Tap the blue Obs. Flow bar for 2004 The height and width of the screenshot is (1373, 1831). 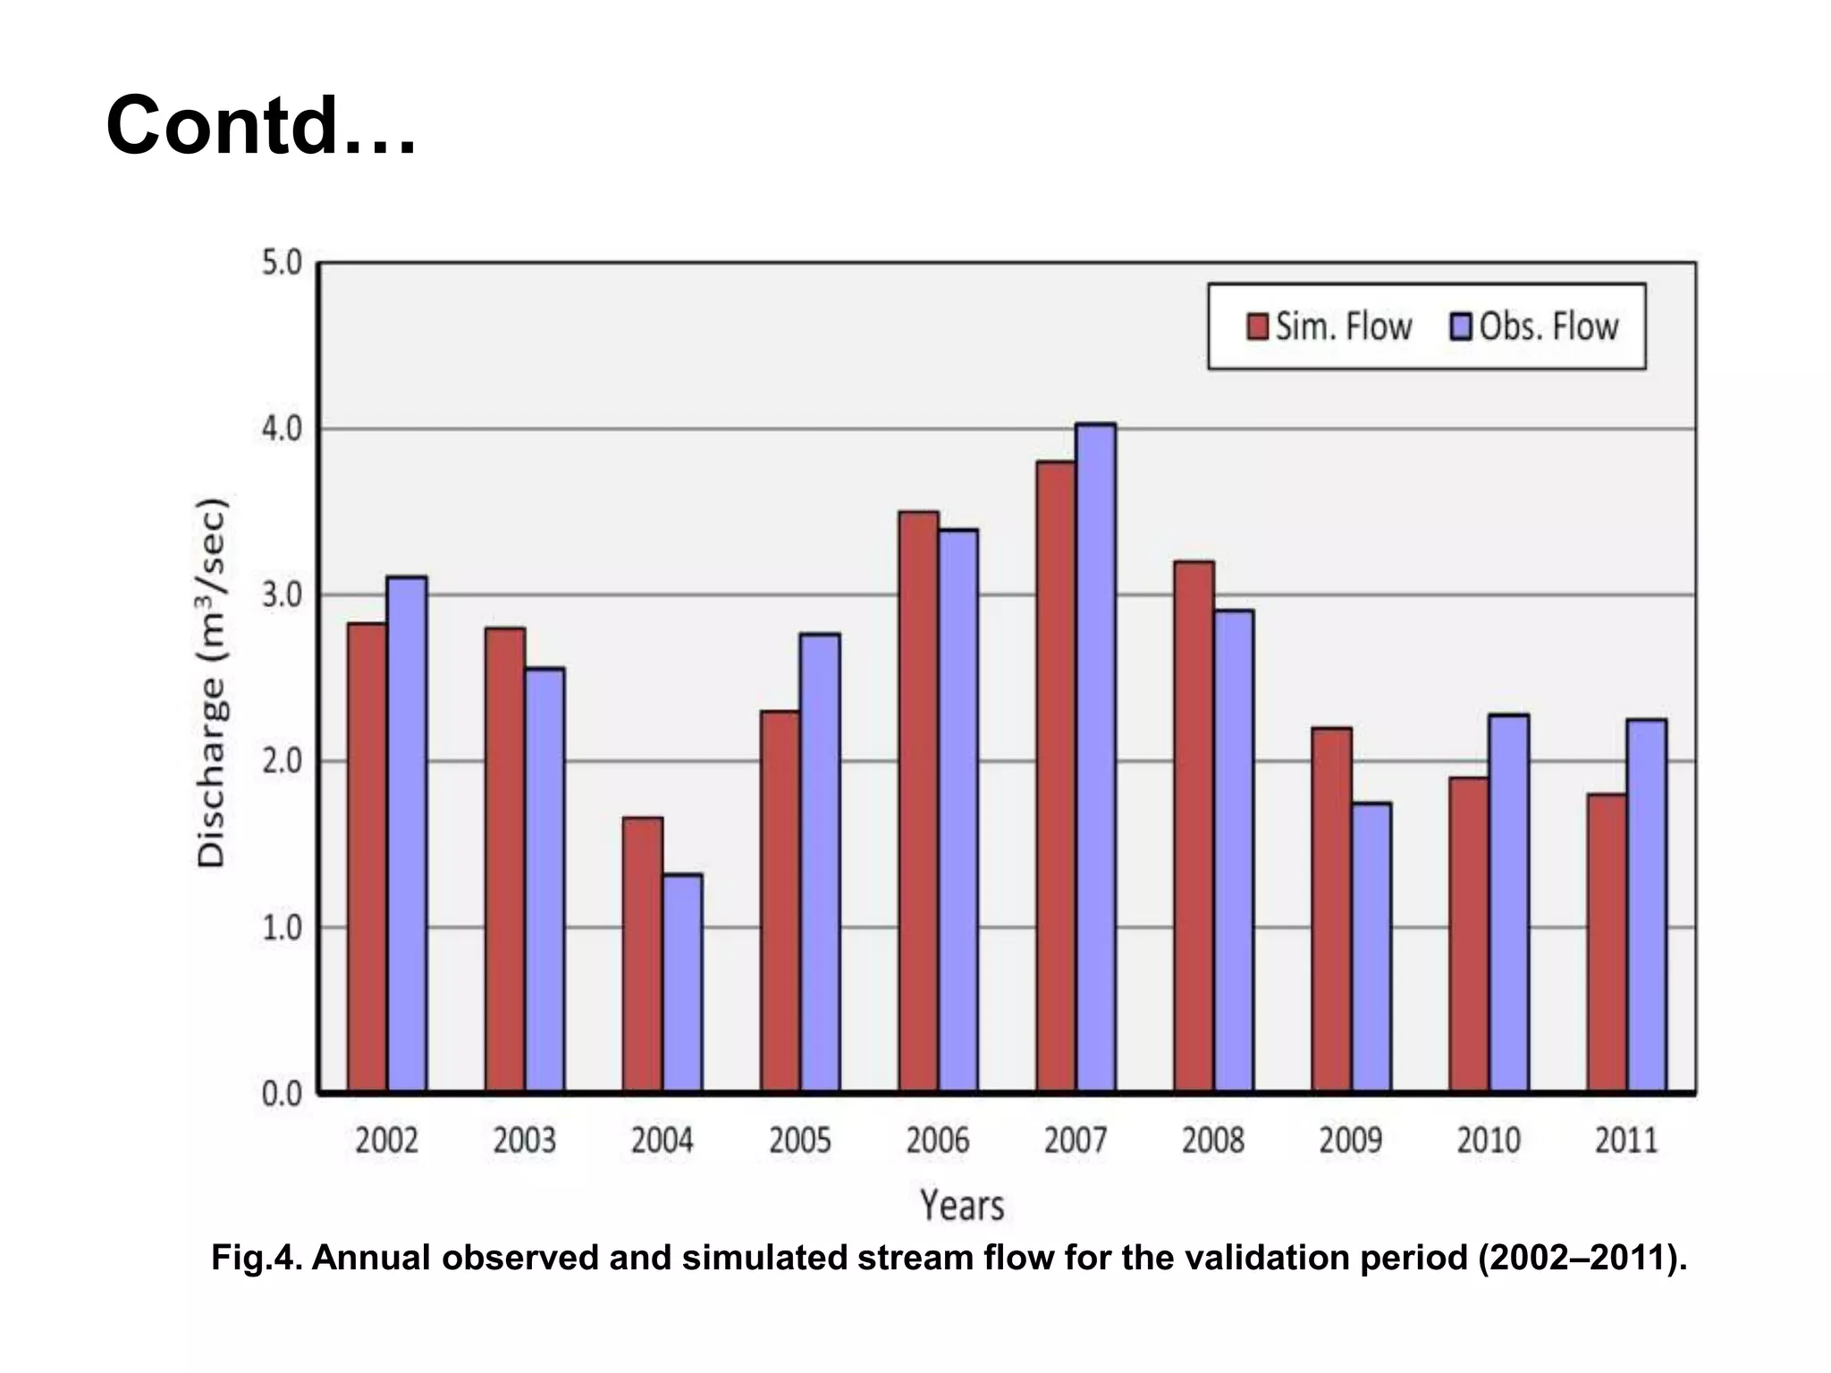683,982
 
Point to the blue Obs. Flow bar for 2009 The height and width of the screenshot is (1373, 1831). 1371,947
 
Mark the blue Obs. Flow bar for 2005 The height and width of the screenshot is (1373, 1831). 820,862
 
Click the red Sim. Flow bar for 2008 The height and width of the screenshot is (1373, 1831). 1194,826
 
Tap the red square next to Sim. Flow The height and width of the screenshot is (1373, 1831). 1257,327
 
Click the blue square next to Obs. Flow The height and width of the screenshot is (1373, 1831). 1460,327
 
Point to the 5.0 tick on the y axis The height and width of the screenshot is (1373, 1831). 283,265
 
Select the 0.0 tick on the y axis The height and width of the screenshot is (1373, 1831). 283,1094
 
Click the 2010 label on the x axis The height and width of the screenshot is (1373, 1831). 1489,1141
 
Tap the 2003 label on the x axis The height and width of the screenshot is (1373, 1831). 525,1141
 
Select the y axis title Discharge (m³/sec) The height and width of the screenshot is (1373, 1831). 213,681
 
